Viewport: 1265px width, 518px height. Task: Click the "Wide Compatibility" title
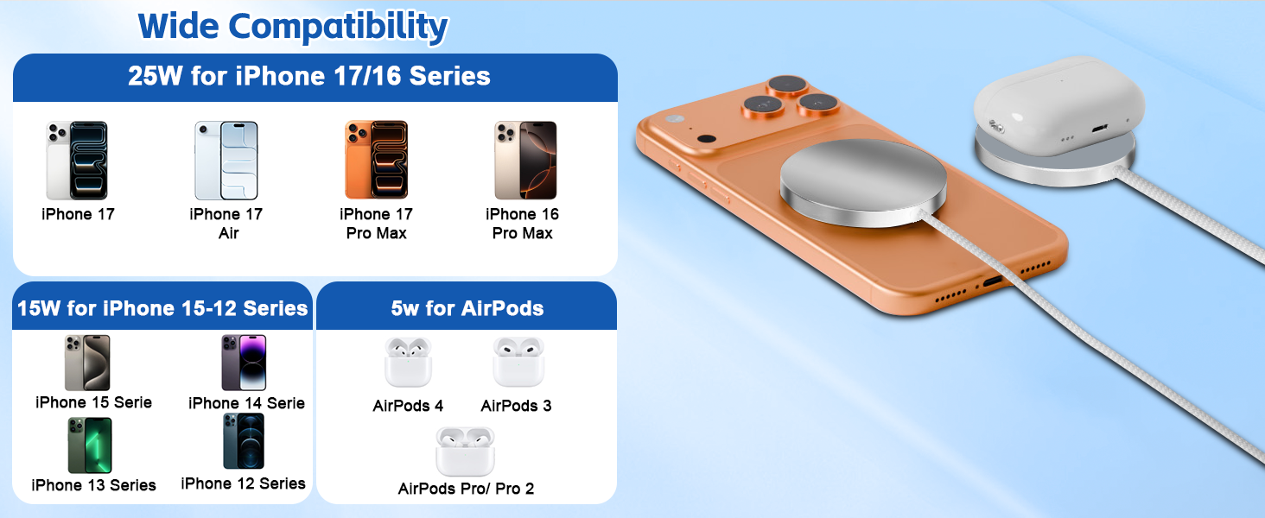coord(293,26)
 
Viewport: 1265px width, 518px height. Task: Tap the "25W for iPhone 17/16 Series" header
coord(309,76)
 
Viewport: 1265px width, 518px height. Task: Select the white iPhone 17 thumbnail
coord(77,161)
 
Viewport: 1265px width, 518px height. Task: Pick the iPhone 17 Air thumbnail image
coord(226,161)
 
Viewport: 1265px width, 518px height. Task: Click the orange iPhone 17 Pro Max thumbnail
coord(376,161)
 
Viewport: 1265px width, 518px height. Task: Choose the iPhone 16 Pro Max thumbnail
coord(525,161)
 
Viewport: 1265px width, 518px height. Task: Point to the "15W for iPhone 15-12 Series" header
coord(162,308)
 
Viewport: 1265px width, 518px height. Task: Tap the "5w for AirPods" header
coord(467,308)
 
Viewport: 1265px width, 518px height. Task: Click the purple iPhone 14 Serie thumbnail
coord(244,363)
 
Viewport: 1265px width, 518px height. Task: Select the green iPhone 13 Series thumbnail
coord(90,445)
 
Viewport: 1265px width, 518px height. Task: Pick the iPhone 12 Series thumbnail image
coord(243,441)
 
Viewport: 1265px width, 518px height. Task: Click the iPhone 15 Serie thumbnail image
coord(87,363)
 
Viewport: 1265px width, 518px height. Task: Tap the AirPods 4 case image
coord(408,363)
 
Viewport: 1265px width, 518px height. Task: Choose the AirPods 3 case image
coord(518,363)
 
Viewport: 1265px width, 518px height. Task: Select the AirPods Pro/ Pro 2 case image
coord(465,452)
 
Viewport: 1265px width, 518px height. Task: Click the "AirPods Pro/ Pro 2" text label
coord(466,489)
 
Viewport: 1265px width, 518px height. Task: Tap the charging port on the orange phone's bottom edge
coord(992,281)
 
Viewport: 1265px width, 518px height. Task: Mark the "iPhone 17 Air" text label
coord(226,224)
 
